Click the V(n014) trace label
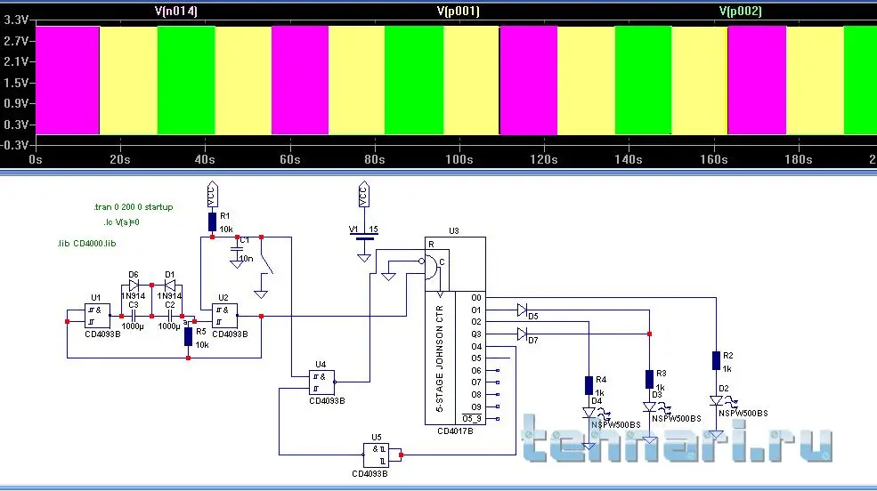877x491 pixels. click(x=175, y=11)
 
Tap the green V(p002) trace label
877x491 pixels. click(x=740, y=11)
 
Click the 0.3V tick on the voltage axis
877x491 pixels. click(x=15, y=124)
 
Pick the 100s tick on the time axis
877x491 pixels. click(x=459, y=160)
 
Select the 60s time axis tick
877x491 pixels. click(x=288, y=160)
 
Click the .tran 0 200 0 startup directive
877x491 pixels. click(x=133, y=206)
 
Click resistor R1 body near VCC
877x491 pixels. click(x=212, y=221)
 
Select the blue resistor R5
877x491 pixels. click(x=188, y=336)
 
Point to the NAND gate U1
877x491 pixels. click(x=97, y=315)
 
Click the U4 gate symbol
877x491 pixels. click(x=321, y=382)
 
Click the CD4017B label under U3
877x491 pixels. click(x=455, y=431)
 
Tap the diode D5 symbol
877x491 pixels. click(x=522, y=310)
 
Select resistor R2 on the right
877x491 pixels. click(x=716, y=359)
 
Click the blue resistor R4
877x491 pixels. click(x=589, y=385)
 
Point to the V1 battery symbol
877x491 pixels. click(x=363, y=238)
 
